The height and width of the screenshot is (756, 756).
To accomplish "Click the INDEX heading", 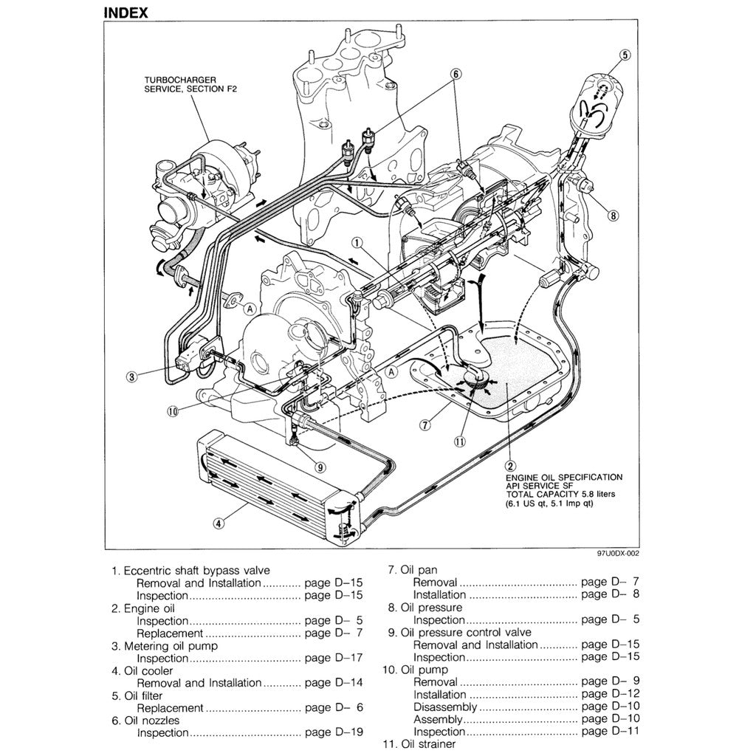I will click(126, 12).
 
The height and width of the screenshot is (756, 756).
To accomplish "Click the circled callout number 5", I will click(625, 54).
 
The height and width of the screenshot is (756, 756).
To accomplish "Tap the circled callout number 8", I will click(613, 216).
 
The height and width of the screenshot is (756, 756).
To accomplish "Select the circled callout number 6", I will click(456, 73).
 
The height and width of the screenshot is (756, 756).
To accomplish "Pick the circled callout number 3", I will click(131, 377).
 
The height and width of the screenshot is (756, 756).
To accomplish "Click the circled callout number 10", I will click(173, 412).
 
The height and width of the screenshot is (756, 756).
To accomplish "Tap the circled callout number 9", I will click(319, 467).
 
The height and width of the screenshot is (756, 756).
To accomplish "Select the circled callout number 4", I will click(219, 524).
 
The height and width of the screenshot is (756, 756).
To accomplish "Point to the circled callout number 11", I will click(460, 441).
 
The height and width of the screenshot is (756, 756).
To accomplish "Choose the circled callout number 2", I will click(509, 465).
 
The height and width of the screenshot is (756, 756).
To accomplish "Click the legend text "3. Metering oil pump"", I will click(165, 646).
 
